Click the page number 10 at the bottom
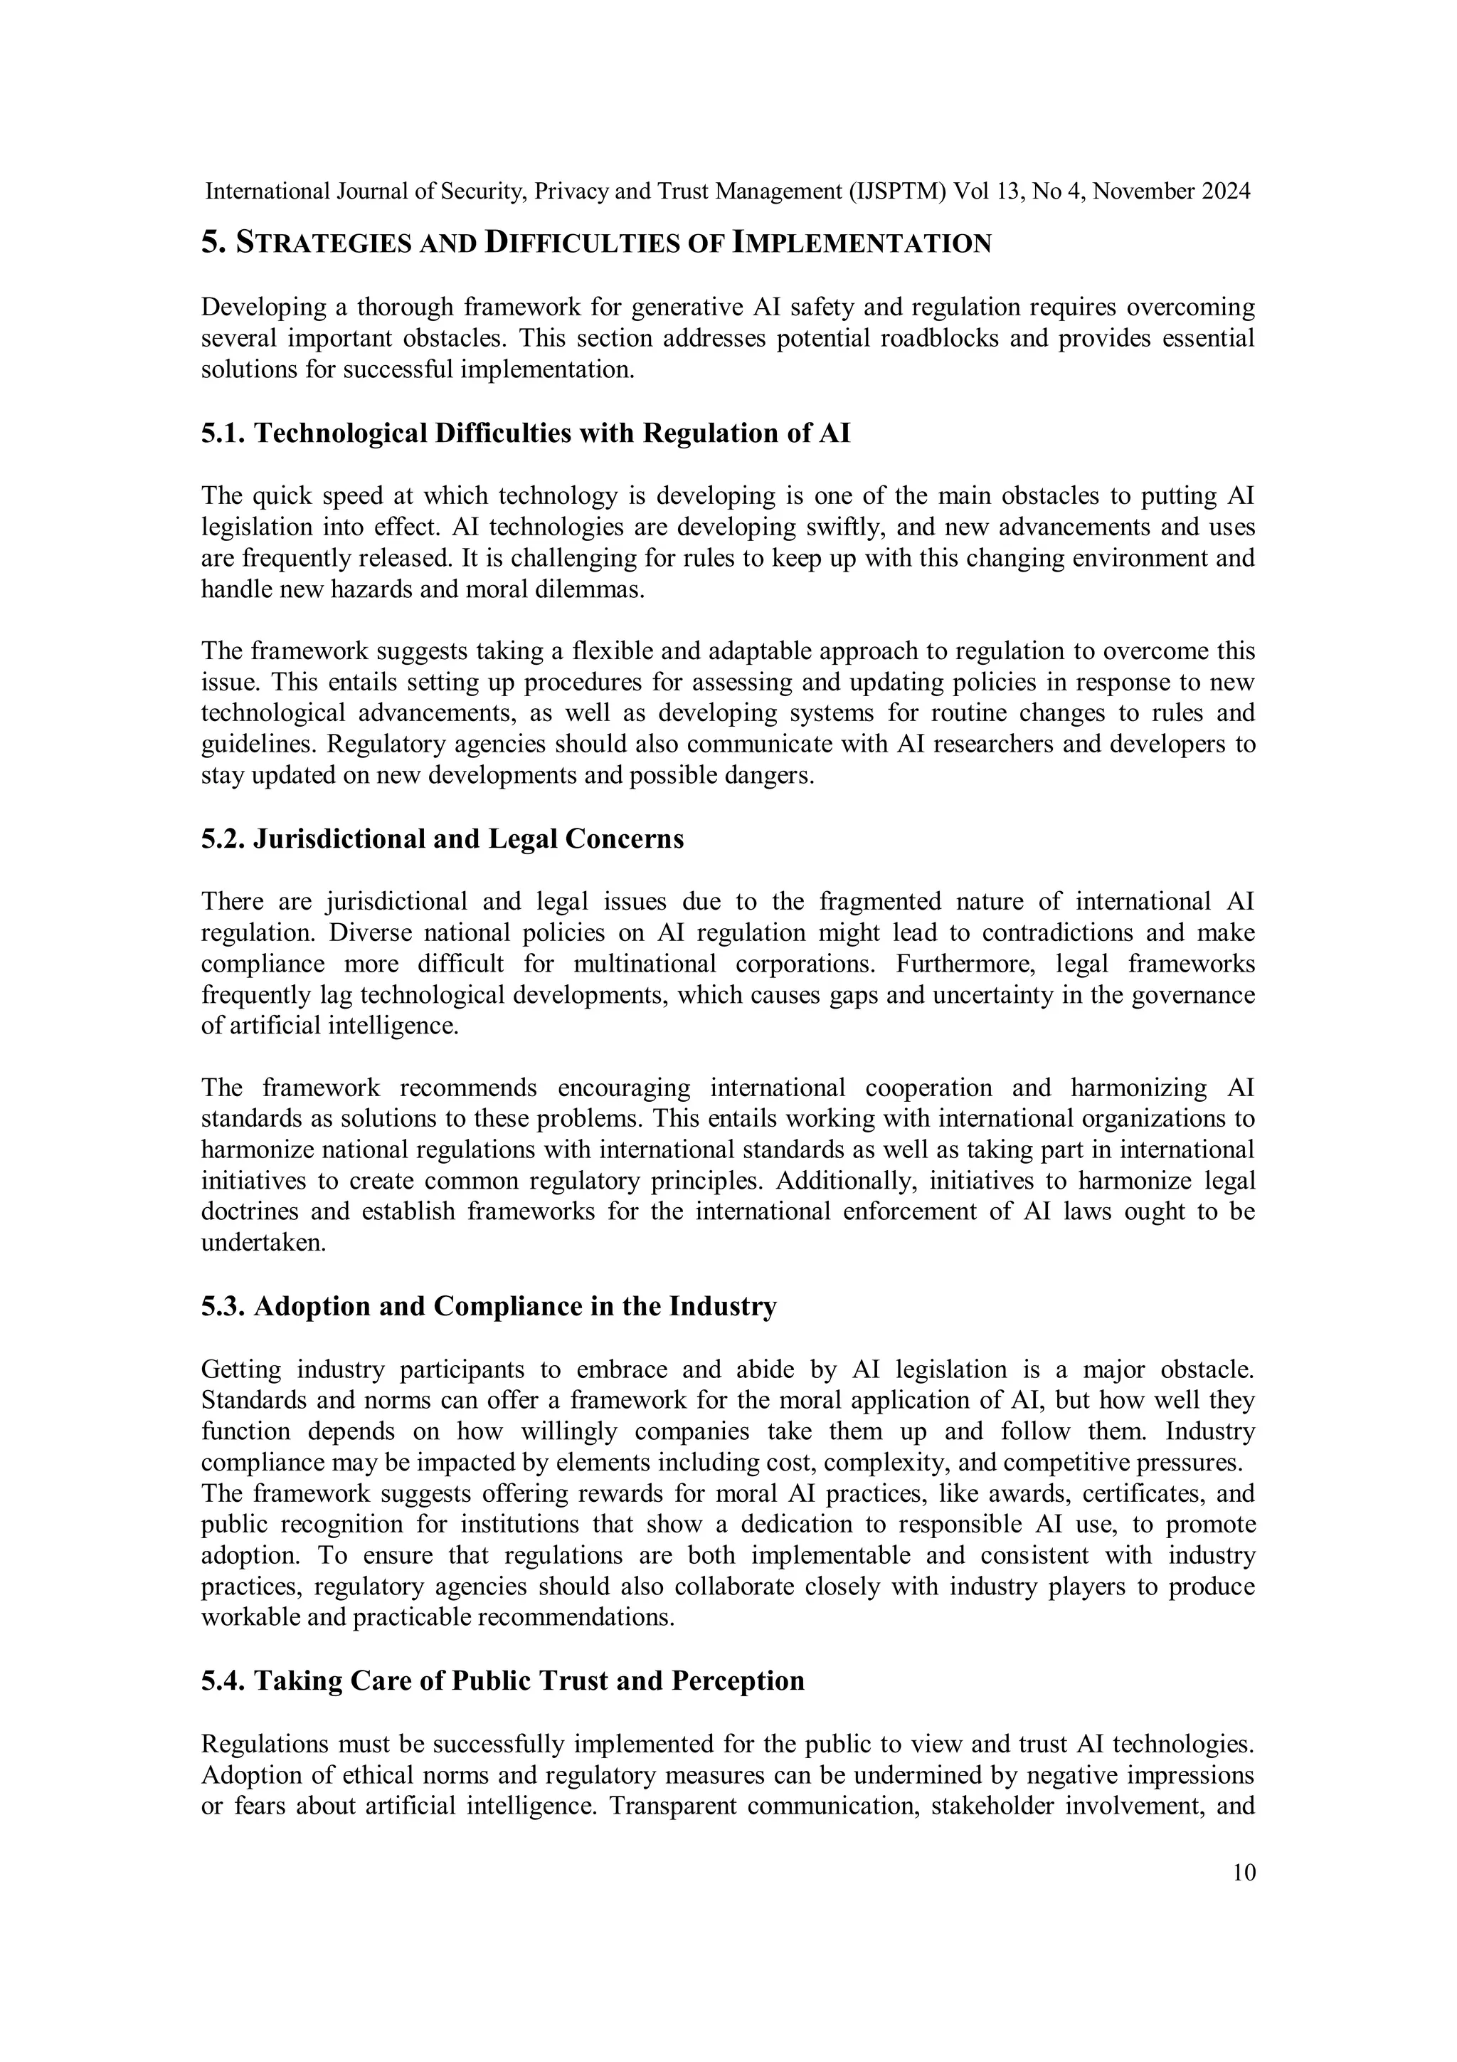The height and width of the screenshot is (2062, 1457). pyautogui.click(x=1244, y=1873)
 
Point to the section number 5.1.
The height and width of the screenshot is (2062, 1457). pyautogui.click(x=223, y=433)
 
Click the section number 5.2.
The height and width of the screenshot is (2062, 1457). pyautogui.click(x=223, y=838)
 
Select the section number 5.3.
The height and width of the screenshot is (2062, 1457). pyautogui.click(x=223, y=1307)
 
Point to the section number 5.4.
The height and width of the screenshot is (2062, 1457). pyautogui.click(x=223, y=1681)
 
